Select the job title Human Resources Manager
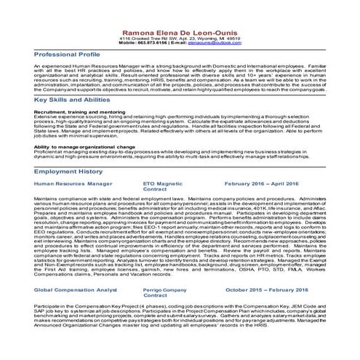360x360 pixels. coord(73,184)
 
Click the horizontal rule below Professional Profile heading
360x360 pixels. coord(180,60)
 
